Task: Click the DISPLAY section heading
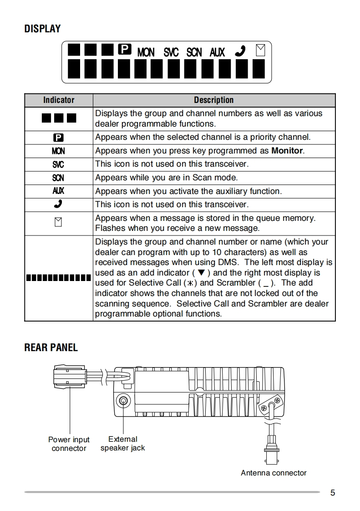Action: click(x=42, y=29)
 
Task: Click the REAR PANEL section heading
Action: click(x=51, y=347)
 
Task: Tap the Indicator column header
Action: click(x=59, y=100)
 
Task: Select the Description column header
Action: click(x=213, y=100)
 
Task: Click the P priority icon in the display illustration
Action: click(x=124, y=49)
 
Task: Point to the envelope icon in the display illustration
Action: click(x=260, y=50)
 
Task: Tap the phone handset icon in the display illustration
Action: click(x=240, y=51)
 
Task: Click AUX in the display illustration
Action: click(x=217, y=52)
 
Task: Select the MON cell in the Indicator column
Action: click(x=58, y=151)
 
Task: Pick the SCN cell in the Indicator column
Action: click(x=58, y=178)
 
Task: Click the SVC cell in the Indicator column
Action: click(x=58, y=164)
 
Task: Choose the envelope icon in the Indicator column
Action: click(x=58, y=223)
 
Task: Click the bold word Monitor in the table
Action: click(x=287, y=151)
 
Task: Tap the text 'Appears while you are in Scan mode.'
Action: click(x=166, y=178)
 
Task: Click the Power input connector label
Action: click(x=69, y=444)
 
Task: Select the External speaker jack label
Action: click(x=122, y=444)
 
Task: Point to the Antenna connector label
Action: click(x=274, y=473)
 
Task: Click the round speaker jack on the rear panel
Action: click(x=122, y=401)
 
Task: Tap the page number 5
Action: click(x=333, y=492)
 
